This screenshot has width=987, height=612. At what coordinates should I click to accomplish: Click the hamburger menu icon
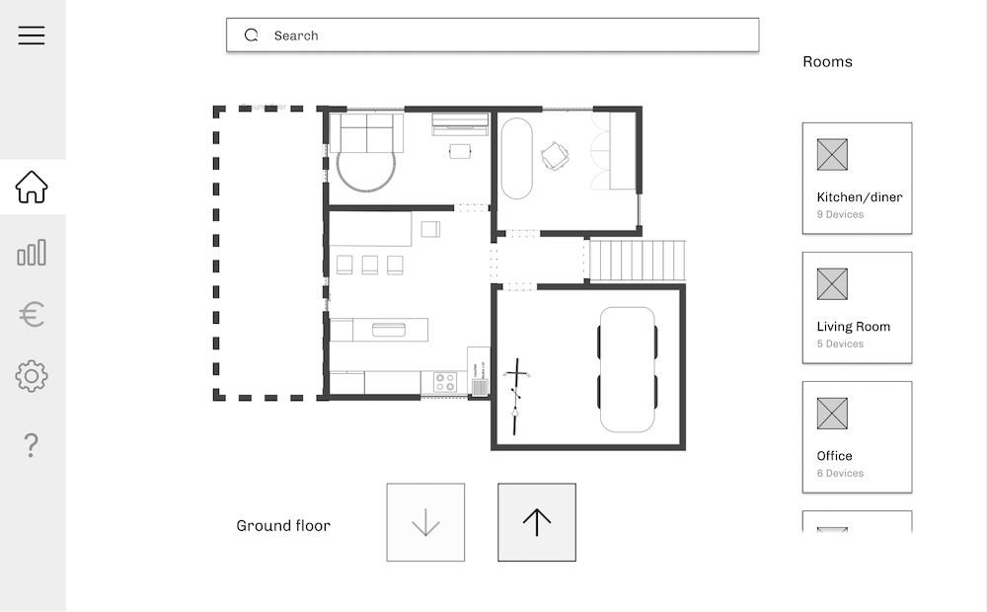(32, 36)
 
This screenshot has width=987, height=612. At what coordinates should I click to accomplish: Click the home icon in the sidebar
(32, 187)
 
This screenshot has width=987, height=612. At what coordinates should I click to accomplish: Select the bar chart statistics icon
(32, 253)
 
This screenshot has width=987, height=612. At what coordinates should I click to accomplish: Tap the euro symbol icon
(32, 315)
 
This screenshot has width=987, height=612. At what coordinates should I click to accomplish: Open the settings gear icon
(32, 376)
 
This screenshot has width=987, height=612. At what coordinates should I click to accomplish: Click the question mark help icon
(32, 446)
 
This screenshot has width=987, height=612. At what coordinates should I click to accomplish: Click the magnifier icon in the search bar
(252, 36)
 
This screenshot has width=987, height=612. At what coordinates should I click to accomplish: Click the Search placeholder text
(296, 36)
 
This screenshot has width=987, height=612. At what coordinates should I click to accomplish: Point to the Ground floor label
(283, 526)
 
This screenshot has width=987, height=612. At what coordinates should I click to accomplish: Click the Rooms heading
(827, 62)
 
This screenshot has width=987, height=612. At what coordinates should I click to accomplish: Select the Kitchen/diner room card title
(859, 197)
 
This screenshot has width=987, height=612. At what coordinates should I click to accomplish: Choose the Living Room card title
(853, 327)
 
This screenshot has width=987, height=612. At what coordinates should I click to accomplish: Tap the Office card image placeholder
(832, 414)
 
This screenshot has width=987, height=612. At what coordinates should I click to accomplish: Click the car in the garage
(628, 369)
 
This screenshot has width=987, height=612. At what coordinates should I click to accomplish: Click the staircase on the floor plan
(637, 261)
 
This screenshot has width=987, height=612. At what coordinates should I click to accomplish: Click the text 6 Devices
(840, 474)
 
